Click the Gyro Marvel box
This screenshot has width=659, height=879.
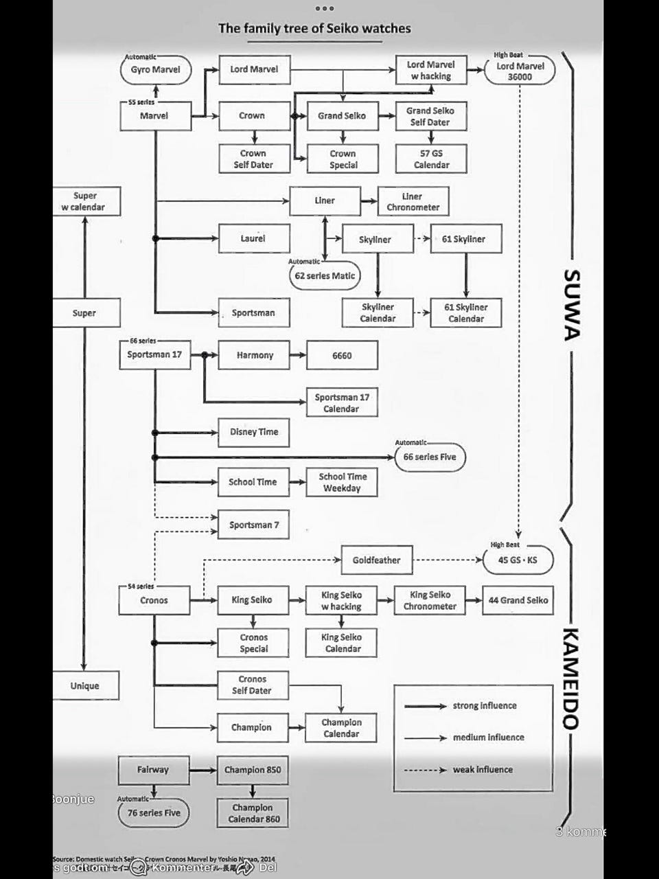coord(155,70)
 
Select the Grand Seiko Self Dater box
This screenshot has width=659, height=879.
coord(430,116)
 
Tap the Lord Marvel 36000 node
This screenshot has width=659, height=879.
coord(520,71)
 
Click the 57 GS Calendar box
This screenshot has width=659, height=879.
coord(431,159)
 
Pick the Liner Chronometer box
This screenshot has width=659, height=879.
coord(413,201)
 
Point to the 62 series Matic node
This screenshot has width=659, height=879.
coord(325,276)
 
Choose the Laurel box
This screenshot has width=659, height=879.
coord(253,238)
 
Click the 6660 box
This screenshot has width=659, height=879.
coord(342,356)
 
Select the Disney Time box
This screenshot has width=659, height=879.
coord(254,433)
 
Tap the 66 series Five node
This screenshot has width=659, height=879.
coord(430,457)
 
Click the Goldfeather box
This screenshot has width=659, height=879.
coord(376,560)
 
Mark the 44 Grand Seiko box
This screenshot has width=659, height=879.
coord(518,600)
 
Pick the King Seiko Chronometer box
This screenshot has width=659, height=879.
coord(430,600)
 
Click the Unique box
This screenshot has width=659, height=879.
coord(85,686)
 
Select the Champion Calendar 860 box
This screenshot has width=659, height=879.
coord(253,813)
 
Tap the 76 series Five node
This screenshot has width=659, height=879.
coord(154,813)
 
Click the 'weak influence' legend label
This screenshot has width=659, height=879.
coord(483,770)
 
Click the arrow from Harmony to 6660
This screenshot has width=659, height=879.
coord(298,355)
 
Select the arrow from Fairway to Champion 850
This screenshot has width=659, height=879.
coord(203,770)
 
